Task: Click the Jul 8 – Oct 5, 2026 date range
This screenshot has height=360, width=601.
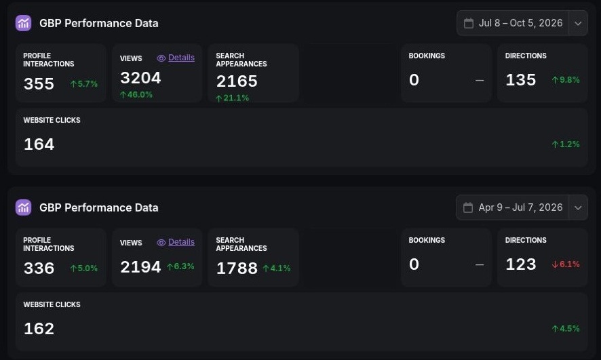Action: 520,23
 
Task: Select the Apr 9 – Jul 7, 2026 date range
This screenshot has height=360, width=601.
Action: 520,207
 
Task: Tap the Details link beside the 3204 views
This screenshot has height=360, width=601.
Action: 181,58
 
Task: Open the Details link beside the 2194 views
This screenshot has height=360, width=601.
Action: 181,242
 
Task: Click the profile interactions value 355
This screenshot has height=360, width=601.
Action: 39,84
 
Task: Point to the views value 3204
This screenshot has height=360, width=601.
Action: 140,78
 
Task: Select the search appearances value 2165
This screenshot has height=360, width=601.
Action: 237,81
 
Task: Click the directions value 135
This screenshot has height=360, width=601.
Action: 520,80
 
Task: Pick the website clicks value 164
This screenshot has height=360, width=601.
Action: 39,144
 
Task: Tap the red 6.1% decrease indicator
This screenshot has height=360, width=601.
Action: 566,264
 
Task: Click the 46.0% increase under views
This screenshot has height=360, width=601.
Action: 136,95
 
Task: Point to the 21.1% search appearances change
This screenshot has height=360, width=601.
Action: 232,98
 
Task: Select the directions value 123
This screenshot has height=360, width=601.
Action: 520,264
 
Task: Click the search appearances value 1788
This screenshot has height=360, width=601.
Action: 237,268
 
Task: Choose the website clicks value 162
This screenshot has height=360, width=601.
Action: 39,329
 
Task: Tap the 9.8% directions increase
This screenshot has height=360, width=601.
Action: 566,79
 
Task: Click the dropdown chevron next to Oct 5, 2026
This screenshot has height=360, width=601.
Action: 578,23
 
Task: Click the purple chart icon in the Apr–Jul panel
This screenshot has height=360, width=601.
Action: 23,207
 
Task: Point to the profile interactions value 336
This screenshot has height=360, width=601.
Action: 39,268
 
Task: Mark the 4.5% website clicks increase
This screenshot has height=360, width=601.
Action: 566,329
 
